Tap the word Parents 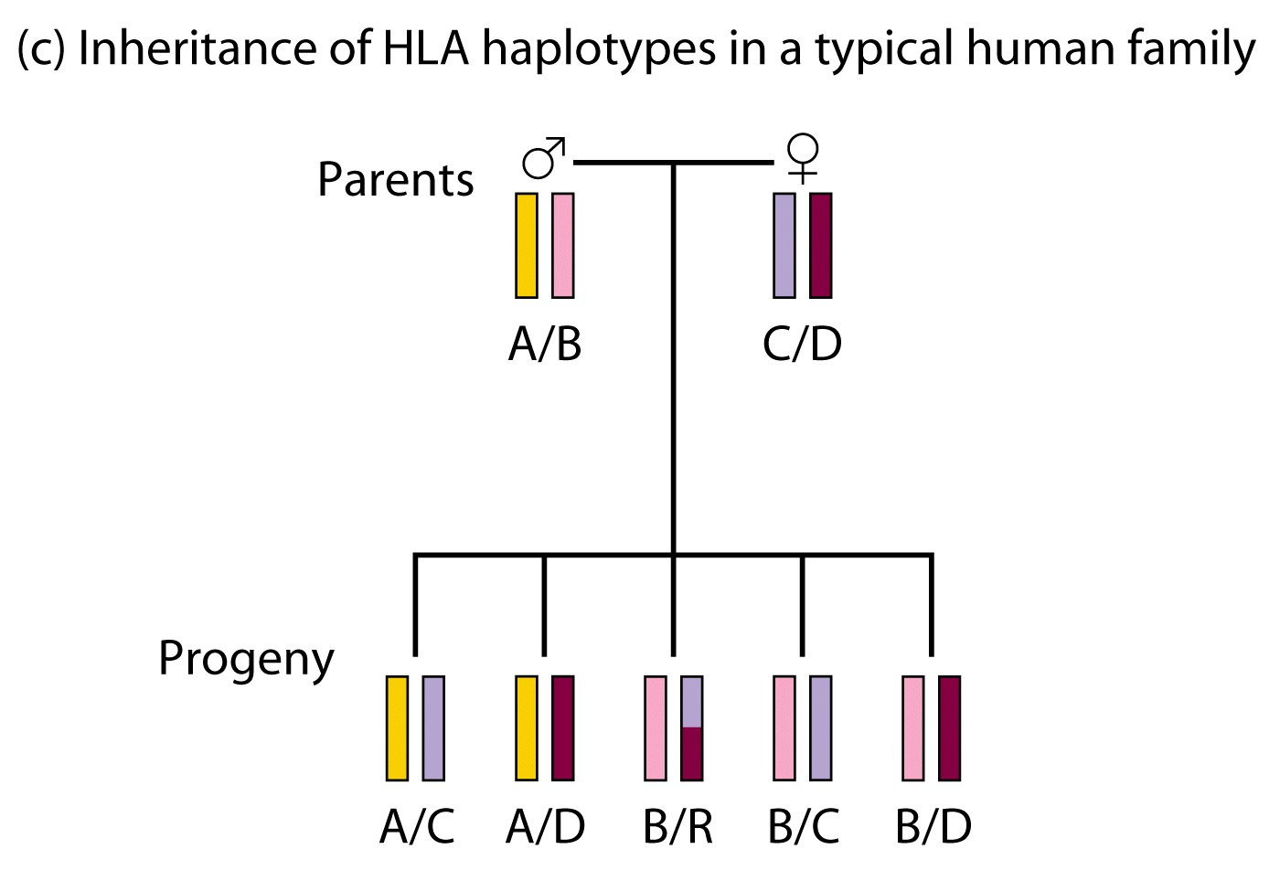[395, 179]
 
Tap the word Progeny [246, 659]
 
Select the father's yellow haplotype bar [527, 245]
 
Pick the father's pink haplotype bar [563, 245]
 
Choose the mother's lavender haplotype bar [784, 245]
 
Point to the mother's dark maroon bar [821, 245]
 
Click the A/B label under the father [545, 345]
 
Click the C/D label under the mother [803, 345]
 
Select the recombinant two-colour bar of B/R [692, 727]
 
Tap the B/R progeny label [678, 826]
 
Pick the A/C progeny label [417, 826]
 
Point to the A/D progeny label [546, 826]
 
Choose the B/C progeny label [804, 826]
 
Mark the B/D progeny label [933, 826]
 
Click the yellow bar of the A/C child [397, 727]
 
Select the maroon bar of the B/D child [950, 727]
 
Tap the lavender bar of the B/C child [821, 727]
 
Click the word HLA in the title [426, 48]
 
